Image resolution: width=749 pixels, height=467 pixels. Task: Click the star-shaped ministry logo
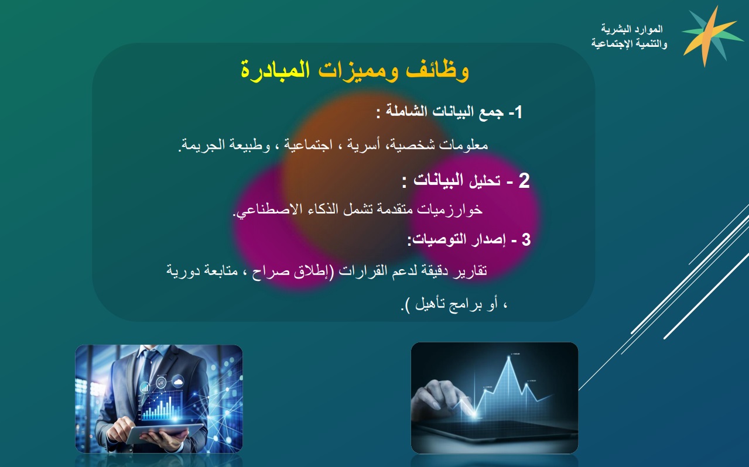tap(707, 36)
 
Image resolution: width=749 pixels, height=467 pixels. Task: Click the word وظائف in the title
tap(437, 70)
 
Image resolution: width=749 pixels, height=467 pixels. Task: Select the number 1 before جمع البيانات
tap(518, 112)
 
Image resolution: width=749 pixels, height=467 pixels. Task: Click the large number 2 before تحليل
tap(524, 181)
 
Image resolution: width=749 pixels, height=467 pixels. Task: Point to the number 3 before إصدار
tap(526, 240)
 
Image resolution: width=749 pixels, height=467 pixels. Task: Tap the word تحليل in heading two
tap(485, 181)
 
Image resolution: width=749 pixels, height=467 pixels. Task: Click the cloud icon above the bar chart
tap(177, 381)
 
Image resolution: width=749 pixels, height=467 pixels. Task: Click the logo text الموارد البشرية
tap(632, 29)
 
